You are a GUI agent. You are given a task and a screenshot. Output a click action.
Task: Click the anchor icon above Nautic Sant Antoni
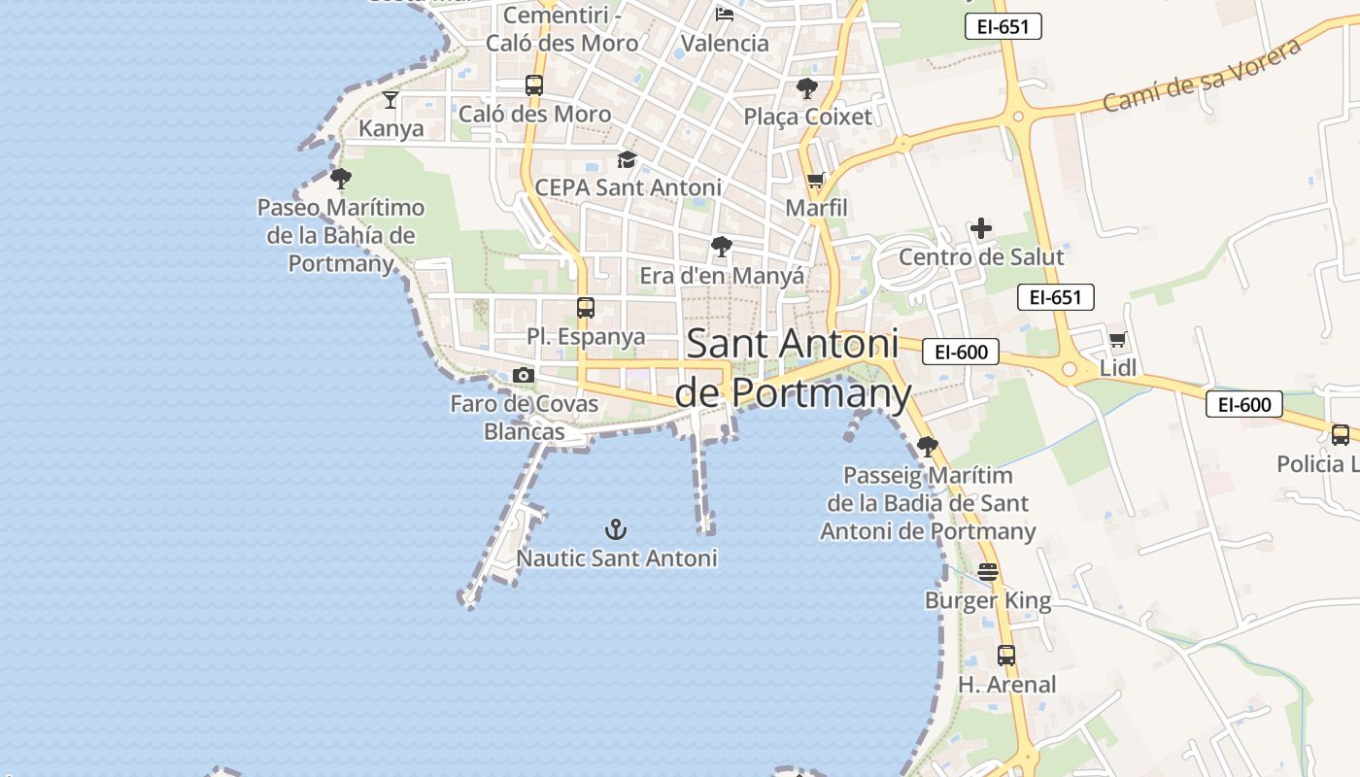[x=616, y=529]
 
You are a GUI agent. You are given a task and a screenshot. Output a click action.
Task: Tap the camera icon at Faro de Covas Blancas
[x=524, y=376]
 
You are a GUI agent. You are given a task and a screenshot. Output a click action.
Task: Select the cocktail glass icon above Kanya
[x=391, y=99]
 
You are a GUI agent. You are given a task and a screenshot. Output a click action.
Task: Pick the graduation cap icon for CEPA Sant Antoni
[x=627, y=159]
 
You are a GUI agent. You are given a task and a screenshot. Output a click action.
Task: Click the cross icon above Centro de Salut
[x=981, y=229]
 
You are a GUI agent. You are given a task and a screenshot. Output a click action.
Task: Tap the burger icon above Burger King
[x=988, y=572]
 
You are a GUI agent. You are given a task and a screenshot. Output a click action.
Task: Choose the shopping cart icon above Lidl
[x=1117, y=340]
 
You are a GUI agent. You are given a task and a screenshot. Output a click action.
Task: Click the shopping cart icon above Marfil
[x=816, y=180]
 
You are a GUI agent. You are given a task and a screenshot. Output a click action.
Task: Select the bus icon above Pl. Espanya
[x=585, y=308]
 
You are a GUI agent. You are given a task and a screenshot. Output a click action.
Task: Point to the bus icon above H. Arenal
[x=1006, y=656]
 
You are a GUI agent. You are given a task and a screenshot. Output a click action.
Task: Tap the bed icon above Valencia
[x=725, y=15]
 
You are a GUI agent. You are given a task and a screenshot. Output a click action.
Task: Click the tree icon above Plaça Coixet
[x=806, y=88]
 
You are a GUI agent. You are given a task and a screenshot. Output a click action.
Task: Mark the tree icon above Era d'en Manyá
[x=721, y=247]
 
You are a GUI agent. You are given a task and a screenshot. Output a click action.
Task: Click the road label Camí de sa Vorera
[x=1203, y=76]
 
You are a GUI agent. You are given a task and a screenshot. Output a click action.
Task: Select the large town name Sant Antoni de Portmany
[x=792, y=368]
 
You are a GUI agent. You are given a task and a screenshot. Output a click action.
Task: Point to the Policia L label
[x=1316, y=463]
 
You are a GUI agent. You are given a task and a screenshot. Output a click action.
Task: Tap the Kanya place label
[x=391, y=128]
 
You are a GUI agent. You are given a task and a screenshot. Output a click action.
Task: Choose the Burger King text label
[x=988, y=600]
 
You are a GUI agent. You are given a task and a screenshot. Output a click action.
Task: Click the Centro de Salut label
[x=981, y=257]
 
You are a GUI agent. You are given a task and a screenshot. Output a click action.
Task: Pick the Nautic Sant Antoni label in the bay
[x=617, y=558]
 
